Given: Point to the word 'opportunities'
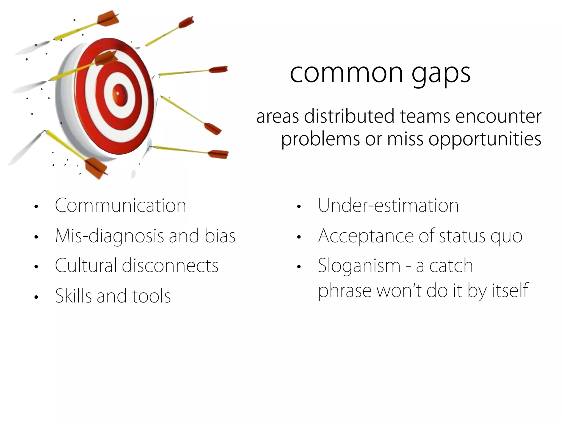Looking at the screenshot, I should pos(485,139).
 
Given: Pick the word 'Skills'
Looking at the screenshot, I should pos(73,296).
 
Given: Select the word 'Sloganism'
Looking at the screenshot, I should pos(359,266).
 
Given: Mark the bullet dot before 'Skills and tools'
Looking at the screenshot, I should pos(36,297).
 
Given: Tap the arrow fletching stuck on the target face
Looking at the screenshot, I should pos(106,58).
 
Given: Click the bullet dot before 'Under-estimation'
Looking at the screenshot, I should pos(299,207).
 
